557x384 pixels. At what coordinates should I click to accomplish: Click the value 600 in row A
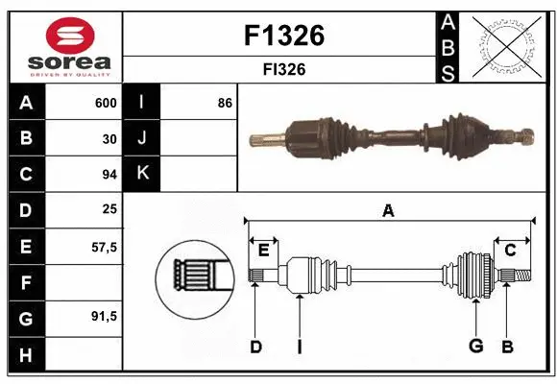coord(105,103)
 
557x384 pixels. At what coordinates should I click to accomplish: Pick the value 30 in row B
coord(109,137)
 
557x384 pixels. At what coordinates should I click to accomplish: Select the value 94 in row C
coord(109,174)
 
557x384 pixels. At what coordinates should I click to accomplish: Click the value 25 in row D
coord(109,209)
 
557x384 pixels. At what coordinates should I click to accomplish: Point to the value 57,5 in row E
coord(104,247)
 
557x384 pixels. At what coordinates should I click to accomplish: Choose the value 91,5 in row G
coord(104,317)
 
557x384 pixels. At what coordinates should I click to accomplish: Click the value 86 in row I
coord(225,103)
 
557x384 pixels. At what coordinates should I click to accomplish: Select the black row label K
coord(142,174)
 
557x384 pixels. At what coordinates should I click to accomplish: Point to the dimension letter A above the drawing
coord(388,210)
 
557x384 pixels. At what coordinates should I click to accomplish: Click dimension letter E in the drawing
coord(263,250)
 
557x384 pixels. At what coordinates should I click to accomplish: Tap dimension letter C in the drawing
coord(510,250)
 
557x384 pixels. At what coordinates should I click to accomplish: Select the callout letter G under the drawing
coord(474,347)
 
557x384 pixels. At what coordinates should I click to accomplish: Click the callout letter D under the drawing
coord(255,347)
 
